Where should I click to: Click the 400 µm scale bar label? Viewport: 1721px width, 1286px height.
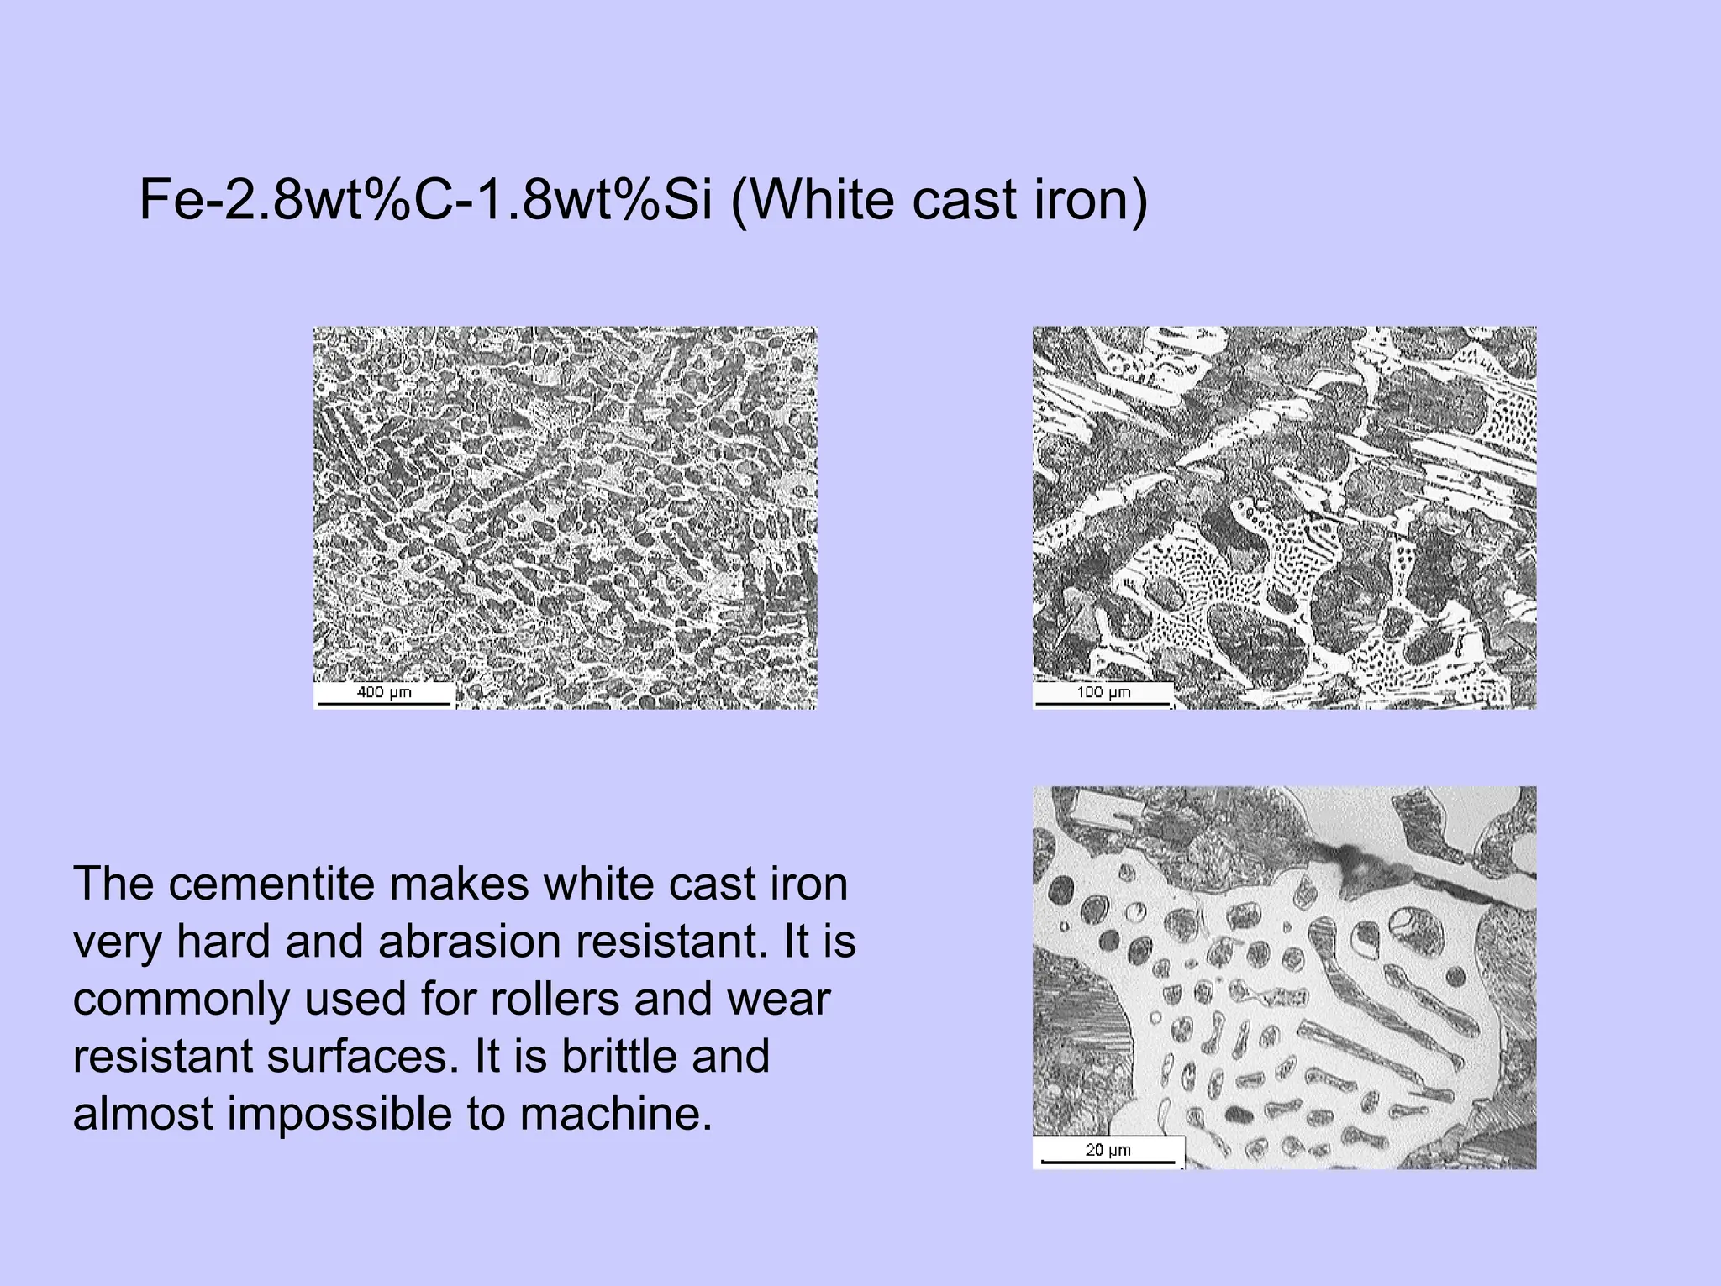coord(384,692)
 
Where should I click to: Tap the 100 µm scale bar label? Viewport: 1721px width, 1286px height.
coord(1103,692)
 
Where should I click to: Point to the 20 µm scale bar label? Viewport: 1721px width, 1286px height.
coord(1108,1150)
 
